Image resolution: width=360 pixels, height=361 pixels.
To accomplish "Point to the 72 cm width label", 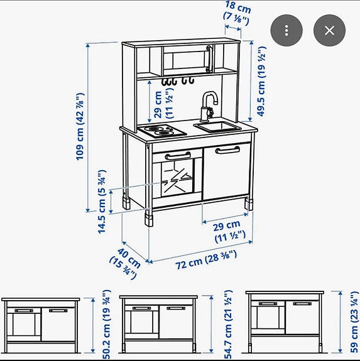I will point(206,258).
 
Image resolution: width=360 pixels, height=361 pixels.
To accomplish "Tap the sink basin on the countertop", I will point(217,127).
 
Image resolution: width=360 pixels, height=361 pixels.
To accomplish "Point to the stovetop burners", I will point(161,131).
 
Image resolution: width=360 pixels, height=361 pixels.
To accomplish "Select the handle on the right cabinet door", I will point(227,149).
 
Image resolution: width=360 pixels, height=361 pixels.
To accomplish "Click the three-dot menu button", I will point(286,30).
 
